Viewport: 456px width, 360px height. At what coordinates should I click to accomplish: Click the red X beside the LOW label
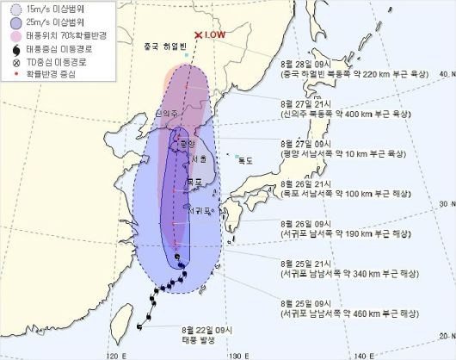pos(199,35)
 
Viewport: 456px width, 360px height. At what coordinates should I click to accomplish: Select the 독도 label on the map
pos(247,159)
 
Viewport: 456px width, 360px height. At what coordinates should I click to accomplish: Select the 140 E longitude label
pos(367,353)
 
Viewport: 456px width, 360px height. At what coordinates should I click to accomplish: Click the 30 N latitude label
pos(445,204)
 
